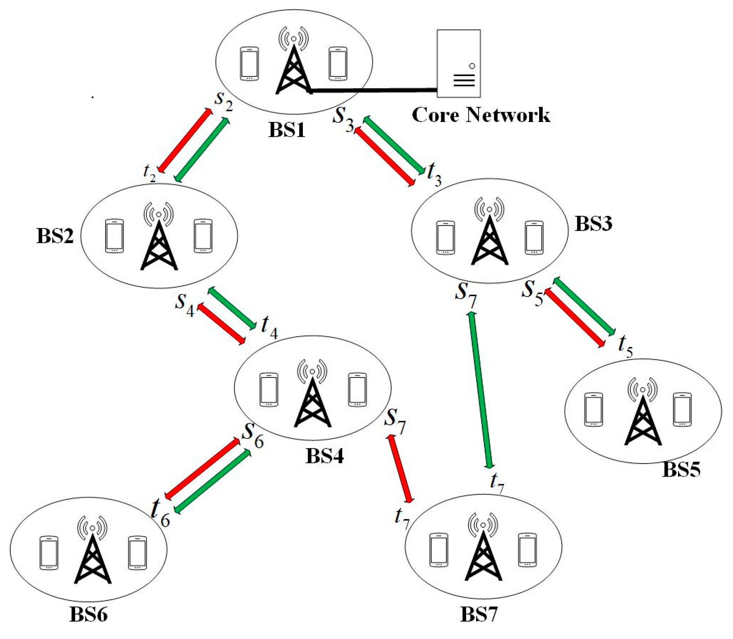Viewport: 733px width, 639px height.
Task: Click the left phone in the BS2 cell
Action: pyautogui.click(x=114, y=236)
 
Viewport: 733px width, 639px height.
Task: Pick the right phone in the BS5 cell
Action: pyautogui.click(x=682, y=410)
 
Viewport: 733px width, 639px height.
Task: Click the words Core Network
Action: pyautogui.click(x=481, y=115)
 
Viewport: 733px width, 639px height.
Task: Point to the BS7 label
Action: pyautogui.click(x=479, y=614)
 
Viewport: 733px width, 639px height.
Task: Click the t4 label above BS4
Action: pyautogui.click(x=269, y=326)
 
